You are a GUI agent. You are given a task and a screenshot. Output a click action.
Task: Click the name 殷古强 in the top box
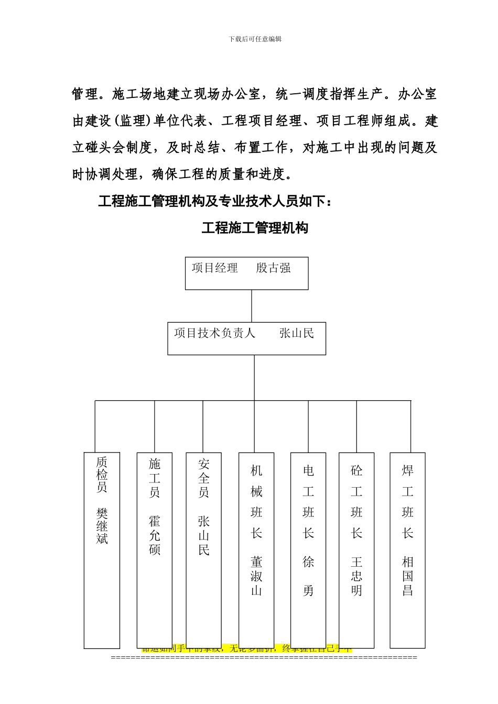pyautogui.click(x=273, y=268)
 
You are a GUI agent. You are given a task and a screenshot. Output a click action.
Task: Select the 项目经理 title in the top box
pyautogui.click(x=214, y=268)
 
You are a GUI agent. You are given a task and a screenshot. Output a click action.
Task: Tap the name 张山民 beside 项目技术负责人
pyautogui.click(x=297, y=333)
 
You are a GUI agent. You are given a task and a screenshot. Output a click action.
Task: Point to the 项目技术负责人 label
pyautogui.click(x=214, y=333)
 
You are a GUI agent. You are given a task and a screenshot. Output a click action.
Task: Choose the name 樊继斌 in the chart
pyautogui.click(x=102, y=525)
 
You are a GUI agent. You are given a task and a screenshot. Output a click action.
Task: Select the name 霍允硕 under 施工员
pyautogui.click(x=155, y=535)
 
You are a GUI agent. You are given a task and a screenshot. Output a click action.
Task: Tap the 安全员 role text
pyautogui.click(x=204, y=478)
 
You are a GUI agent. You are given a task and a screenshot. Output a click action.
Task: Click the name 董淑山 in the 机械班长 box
pyautogui.click(x=256, y=576)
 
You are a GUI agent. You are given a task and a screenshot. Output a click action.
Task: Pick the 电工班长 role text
pyautogui.click(x=308, y=502)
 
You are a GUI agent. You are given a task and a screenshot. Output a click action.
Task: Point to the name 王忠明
pyautogui.click(x=356, y=576)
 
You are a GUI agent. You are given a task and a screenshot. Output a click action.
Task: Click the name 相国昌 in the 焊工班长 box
pyautogui.click(x=408, y=576)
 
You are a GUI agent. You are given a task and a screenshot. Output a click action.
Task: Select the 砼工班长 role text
pyautogui.click(x=356, y=502)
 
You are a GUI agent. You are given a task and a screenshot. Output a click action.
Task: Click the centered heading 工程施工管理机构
pyautogui.click(x=255, y=228)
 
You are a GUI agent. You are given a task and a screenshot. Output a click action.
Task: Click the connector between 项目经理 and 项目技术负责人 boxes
pyautogui.click(x=252, y=305)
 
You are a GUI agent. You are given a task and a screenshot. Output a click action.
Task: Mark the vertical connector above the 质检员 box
pyautogui.click(x=95, y=426)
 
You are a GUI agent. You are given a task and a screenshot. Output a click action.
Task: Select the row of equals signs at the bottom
pyautogui.click(x=264, y=657)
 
